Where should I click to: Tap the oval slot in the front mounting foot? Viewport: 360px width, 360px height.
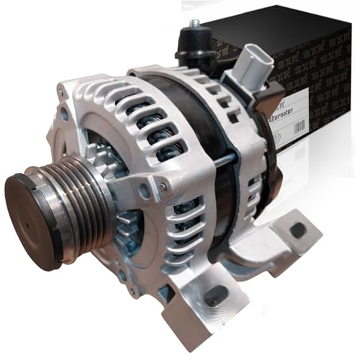[215, 294]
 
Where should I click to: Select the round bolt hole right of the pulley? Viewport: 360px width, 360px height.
[145, 192]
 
